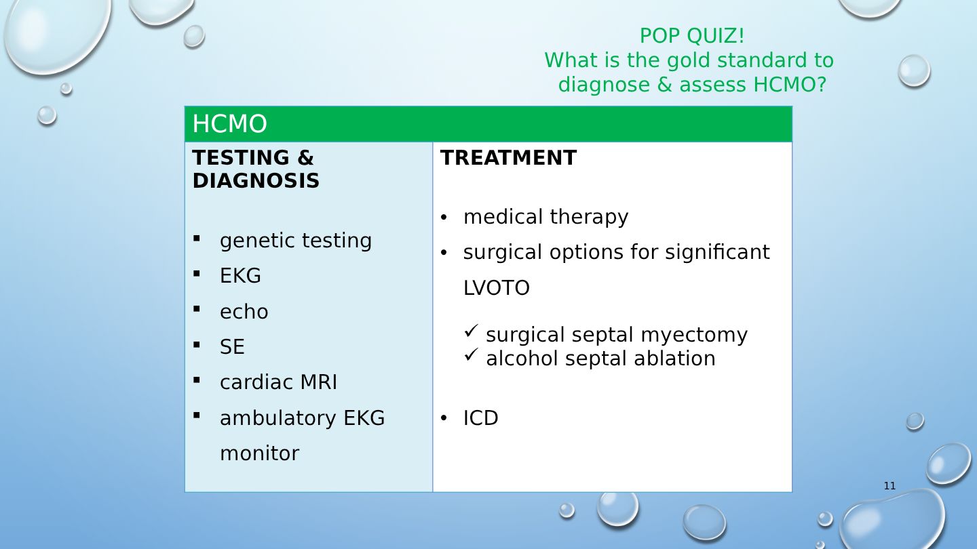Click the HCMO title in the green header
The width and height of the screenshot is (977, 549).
[x=229, y=124]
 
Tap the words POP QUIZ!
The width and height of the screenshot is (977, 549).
[x=692, y=36]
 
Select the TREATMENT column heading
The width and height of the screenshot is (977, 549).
[x=508, y=157]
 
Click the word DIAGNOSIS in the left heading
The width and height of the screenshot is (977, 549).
[x=256, y=181]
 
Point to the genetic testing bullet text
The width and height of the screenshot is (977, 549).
[x=296, y=241]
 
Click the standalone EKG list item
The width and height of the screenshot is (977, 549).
[x=240, y=275]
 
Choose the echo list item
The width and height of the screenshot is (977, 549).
[x=244, y=312]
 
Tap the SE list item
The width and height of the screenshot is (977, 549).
[x=232, y=347]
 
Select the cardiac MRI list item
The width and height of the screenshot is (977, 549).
[x=278, y=382]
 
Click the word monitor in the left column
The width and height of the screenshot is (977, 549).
[x=259, y=453]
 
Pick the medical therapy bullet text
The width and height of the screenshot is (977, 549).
[x=545, y=217]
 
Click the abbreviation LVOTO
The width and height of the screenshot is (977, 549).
[x=497, y=288]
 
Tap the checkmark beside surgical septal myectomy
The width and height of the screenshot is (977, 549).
[x=471, y=331]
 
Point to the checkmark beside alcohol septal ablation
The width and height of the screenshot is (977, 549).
[x=471, y=354]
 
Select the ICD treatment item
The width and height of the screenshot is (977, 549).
[x=480, y=418]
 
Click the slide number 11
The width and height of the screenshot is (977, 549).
[x=889, y=486]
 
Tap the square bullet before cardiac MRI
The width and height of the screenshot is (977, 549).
[x=197, y=380]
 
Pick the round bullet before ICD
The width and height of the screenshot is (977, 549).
[x=444, y=418]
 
